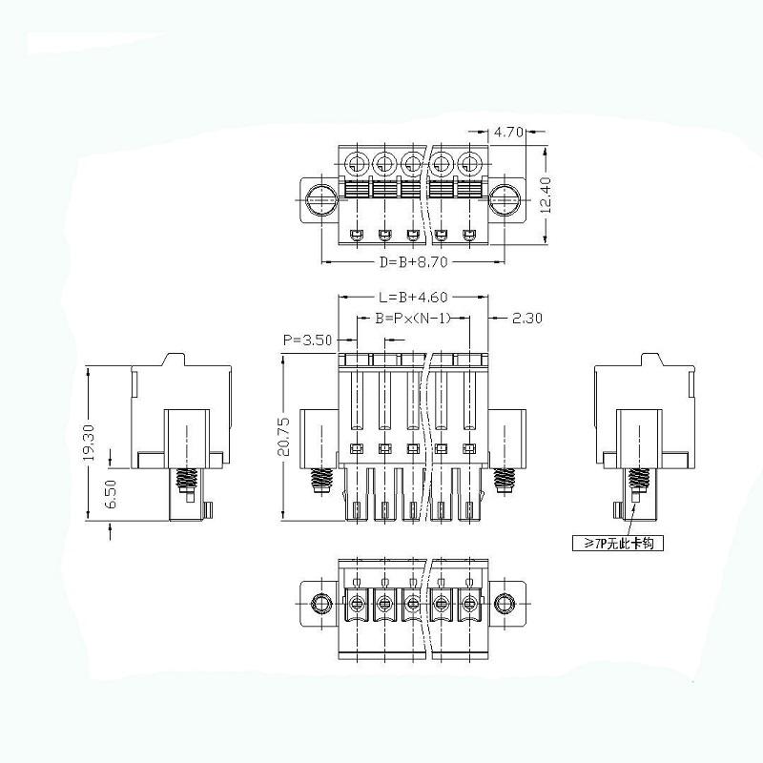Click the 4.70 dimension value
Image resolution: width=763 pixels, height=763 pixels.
tap(508, 134)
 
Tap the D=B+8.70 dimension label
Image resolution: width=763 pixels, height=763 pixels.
tap(413, 260)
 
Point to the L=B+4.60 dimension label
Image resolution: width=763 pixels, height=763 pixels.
tap(413, 298)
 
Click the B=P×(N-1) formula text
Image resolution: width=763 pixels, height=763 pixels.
tap(412, 318)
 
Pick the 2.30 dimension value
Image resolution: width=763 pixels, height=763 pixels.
tap(527, 318)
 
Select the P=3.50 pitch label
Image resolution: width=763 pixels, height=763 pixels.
tap(307, 340)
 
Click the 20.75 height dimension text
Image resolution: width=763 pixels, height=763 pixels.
tap(283, 436)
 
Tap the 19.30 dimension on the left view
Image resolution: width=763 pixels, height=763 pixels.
tap(88, 443)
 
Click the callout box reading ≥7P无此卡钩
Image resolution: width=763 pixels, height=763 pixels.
tap(616, 544)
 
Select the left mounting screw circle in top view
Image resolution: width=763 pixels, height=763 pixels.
tap(320, 199)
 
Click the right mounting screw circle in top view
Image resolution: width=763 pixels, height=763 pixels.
tap(504, 199)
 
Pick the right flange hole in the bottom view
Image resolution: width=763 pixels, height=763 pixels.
tap(503, 603)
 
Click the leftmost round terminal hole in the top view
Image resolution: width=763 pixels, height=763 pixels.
tap(356, 161)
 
